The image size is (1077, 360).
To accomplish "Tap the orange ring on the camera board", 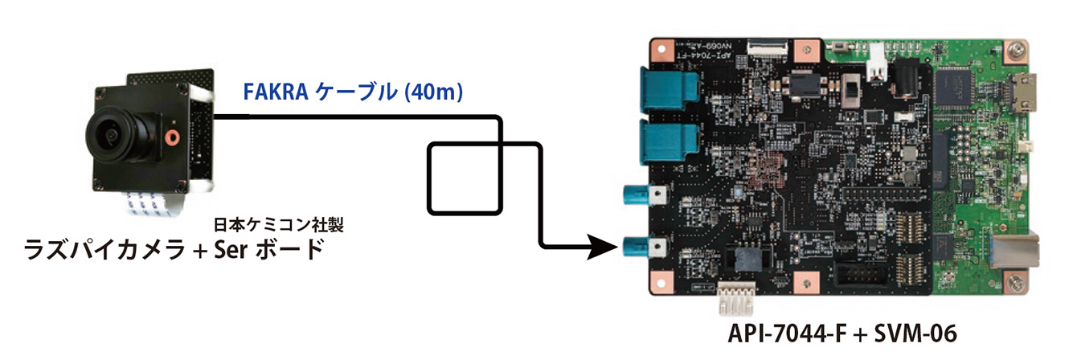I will coord(170,136).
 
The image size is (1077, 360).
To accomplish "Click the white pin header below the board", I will coord(738,303).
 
